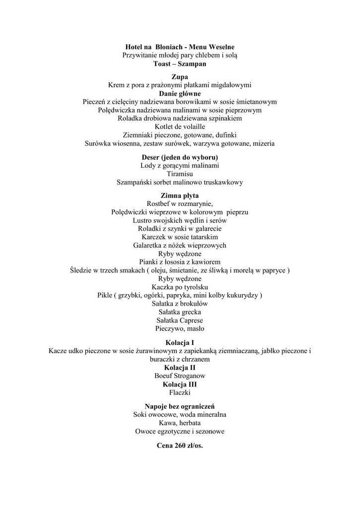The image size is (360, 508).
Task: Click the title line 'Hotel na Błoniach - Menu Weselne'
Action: [180, 47]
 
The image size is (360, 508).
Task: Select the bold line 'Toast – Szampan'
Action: [180, 64]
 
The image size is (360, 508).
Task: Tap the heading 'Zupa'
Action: [180, 77]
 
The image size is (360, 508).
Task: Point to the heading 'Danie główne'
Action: [180, 93]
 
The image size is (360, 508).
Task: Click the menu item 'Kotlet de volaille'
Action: [180, 127]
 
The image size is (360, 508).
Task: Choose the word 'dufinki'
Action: [225, 135]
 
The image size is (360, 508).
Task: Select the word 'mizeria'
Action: [263, 143]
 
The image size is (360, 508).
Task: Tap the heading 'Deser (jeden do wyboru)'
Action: [180, 157]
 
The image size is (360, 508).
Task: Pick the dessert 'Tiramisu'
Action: [180, 174]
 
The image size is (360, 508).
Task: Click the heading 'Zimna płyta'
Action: [180, 195]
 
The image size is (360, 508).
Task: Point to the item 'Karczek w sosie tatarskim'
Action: [180, 237]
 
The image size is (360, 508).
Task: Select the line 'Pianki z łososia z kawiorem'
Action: [180, 262]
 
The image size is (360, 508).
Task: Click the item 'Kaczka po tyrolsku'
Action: [180, 287]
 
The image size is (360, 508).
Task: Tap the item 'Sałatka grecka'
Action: [180, 312]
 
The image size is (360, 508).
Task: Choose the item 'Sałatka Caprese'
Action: [180, 320]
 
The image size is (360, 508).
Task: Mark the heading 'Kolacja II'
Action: [180, 368]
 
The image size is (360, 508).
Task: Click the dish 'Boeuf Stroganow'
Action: [180, 376]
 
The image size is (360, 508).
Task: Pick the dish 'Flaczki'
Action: [180, 392]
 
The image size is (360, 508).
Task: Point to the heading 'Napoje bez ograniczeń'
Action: [180, 406]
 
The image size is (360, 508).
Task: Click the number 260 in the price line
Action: [179, 445]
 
